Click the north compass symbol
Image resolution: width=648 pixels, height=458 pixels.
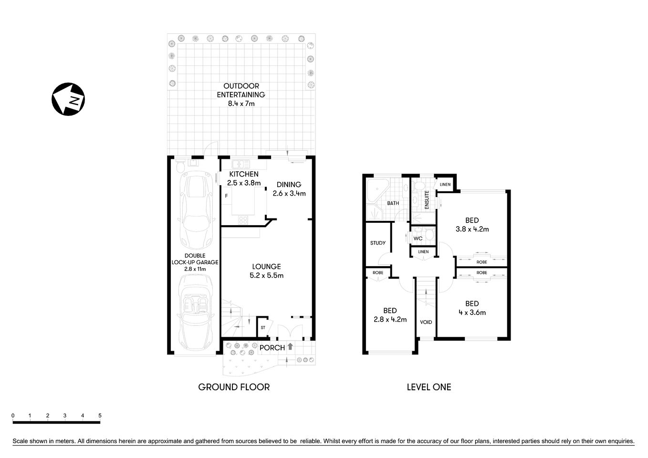pyautogui.click(x=68, y=99)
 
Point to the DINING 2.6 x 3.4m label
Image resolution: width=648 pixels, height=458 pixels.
pyautogui.click(x=289, y=189)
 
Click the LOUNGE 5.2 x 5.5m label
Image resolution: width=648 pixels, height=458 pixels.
pyautogui.click(x=267, y=271)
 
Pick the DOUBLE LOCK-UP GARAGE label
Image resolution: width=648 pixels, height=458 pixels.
pyautogui.click(x=195, y=262)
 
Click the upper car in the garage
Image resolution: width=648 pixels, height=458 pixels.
pyautogui.click(x=195, y=210)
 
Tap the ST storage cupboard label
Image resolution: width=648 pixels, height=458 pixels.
pyautogui.click(x=263, y=328)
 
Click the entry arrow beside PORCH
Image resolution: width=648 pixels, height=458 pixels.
pyautogui.click(x=290, y=347)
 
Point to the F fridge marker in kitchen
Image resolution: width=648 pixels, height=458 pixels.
pyautogui.click(x=226, y=196)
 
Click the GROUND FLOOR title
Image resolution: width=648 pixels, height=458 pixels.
pyautogui.click(x=234, y=387)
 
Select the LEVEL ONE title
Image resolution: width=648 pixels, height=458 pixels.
pyautogui.click(x=429, y=387)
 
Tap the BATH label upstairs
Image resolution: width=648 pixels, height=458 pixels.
pyautogui.click(x=393, y=203)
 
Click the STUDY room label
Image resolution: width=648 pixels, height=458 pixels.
pyautogui.click(x=378, y=243)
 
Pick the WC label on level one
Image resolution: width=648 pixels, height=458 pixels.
pyautogui.click(x=418, y=239)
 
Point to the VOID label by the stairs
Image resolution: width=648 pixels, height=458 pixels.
pyautogui.click(x=426, y=322)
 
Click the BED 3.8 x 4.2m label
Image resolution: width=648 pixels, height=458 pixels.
pyautogui.click(x=472, y=225)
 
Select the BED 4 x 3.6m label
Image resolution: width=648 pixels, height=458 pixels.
pyautogui.click(x=472, y=308)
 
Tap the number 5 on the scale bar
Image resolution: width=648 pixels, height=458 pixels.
pyautogui.click(x=100, y=416)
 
